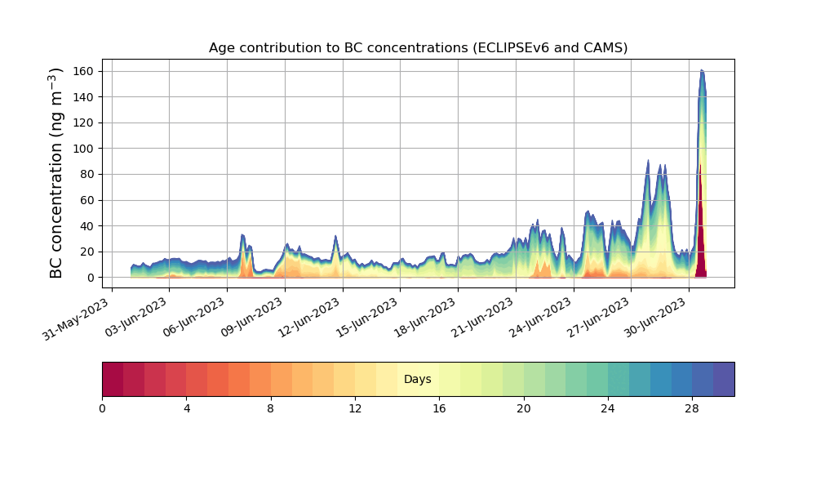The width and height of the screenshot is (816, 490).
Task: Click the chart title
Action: click(418, 47)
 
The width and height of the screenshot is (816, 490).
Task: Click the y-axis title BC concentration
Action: click(56, 173)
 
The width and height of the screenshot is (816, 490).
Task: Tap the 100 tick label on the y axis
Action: click(84, 149)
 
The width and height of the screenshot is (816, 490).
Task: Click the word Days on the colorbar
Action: click(418, 380)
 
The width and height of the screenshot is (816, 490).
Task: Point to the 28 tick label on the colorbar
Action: click(692, 408)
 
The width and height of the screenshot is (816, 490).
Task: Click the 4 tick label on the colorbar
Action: click(187, 408)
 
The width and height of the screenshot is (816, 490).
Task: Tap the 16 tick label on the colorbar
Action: click(439, 408)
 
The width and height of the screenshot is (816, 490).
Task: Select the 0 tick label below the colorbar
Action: click(103, 408)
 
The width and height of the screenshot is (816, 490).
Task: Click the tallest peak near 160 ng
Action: click(702, 71)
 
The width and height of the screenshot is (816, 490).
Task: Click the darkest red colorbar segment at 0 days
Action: click(113, 379)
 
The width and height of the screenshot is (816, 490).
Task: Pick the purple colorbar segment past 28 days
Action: click(723, 379)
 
